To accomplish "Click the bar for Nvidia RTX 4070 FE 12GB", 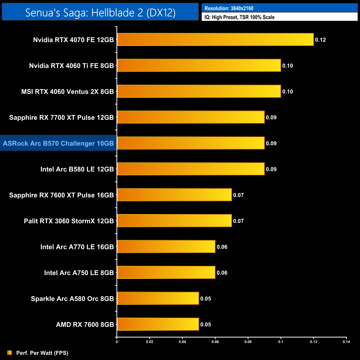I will point(215,40).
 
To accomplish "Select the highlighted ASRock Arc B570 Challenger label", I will point(58,143).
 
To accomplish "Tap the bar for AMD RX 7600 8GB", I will point(158,324).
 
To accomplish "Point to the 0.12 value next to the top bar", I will point(320,40).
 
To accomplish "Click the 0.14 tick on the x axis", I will point(346,342).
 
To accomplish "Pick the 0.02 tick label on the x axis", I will point(150,342).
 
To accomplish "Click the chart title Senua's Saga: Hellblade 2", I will point(100,12).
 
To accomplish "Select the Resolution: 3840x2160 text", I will point(229,8).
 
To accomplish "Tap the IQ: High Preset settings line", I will point(239,17).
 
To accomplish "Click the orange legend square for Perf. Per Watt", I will point(10,353).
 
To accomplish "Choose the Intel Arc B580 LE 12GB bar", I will point(191,169).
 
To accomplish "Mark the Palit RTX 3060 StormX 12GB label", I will point(69,221).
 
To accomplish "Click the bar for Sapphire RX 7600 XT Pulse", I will point(174,195).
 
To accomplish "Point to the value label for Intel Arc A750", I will point(222,273).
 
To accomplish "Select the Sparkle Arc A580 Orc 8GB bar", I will point(158,298).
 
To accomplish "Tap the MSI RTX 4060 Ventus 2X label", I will point(68,92).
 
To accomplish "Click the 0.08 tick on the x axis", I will point(248,342).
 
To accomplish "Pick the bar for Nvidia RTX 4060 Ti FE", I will point(199,66).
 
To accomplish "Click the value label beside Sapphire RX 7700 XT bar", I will point(271,117).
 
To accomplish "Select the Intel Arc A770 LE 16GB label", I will point(77,247).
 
